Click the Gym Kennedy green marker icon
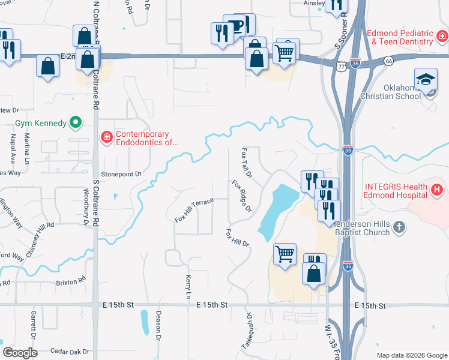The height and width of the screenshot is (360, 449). point(76,124)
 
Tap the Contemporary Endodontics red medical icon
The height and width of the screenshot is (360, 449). point(106,138)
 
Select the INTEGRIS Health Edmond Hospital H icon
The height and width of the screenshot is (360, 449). point(437,190)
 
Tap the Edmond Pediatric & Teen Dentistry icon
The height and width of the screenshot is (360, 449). point(442,37)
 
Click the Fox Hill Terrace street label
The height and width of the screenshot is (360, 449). point(194,211)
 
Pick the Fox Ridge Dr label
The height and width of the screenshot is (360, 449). point(242,196)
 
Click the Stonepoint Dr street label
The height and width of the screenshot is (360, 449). point(121,174)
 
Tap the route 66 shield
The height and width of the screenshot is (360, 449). point(388,61)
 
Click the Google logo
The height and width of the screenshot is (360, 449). point(20,353)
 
